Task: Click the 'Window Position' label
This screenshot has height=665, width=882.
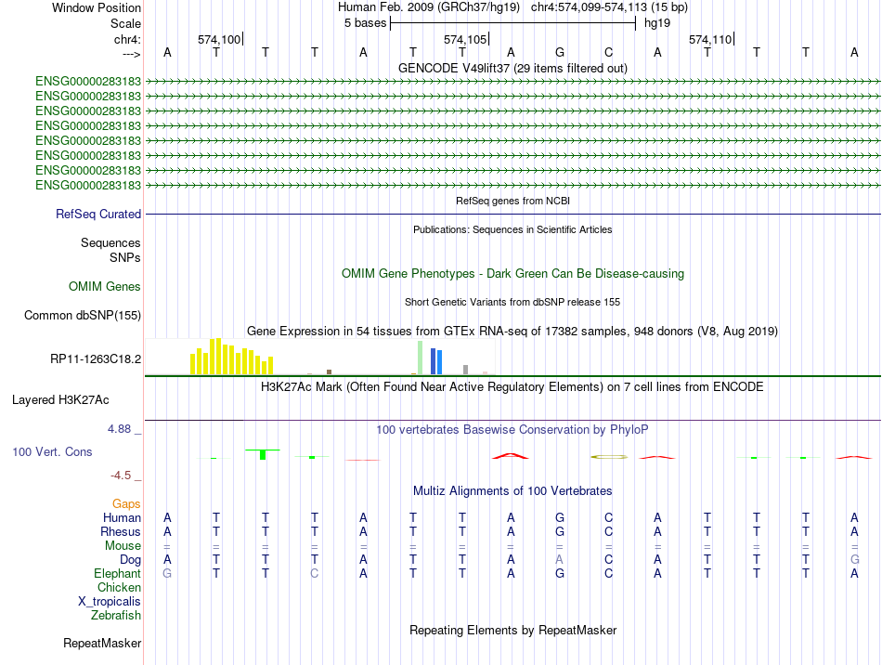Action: point(97,7)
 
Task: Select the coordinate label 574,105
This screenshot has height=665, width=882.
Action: point(464,39)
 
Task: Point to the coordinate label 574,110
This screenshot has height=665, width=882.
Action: point(710,39)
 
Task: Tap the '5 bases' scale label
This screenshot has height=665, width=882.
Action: point(366,23)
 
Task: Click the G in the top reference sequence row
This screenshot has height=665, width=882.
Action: point(560,52)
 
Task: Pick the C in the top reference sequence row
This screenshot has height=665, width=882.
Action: point(609,52)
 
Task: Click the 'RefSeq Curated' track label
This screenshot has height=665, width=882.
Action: point(98,215)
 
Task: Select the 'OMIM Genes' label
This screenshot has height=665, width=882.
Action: point(105,286)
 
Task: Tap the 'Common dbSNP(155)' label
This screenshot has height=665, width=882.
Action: point(82,315)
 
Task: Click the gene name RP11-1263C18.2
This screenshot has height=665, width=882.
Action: point(96,359)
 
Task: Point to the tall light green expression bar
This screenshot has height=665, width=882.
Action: point(420,358)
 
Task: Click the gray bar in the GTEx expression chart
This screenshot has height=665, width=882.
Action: point(466,370)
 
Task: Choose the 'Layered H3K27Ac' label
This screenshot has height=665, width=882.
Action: point(60,400)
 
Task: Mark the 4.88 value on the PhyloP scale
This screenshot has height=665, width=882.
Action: point(119,429)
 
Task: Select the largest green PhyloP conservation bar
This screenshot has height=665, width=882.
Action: point(263,454)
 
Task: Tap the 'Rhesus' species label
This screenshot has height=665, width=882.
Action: point(121,531)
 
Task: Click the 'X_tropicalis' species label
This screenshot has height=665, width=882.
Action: point(110,602)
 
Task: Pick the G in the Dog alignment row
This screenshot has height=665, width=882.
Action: point(854,559)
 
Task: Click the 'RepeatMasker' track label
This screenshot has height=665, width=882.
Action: point(102,643)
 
